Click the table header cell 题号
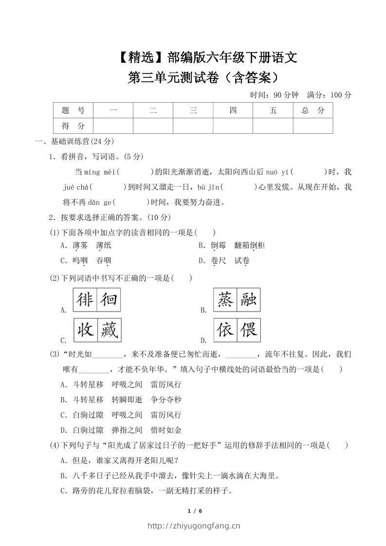[73, 110]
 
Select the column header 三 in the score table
[193, 110]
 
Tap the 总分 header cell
[312, 110]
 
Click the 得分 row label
[73, 126]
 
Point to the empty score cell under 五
[273, 126]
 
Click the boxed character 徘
[85, 300]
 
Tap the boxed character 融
[249, 300]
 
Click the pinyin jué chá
[76, 187]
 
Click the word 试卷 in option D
[241, 261]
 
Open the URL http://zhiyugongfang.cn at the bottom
[193, 526]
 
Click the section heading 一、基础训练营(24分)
[74, 142]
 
